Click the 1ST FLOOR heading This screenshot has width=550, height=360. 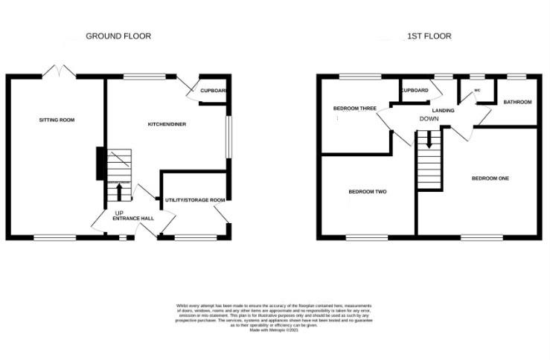point(429,36)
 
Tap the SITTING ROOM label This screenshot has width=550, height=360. point(57,120)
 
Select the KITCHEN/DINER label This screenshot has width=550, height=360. point(167,124)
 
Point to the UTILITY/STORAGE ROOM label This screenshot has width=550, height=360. point(195,200)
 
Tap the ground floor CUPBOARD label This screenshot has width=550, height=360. point(213,91)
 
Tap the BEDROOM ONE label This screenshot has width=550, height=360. point(490,179)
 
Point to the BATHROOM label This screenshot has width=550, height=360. point(517,101)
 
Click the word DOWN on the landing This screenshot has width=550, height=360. point(429,119)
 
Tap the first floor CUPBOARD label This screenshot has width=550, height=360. point(414,91)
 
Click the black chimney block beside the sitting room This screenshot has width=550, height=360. point(100,161)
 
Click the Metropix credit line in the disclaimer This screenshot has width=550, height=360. point(275,329)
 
